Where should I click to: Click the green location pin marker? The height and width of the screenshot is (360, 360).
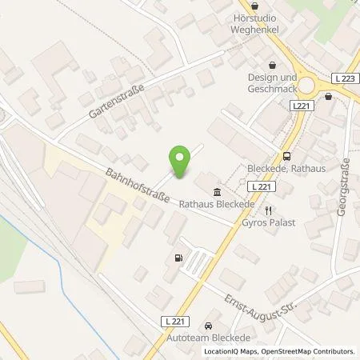click(180, 162)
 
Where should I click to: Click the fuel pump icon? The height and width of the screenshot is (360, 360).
click(177, 258)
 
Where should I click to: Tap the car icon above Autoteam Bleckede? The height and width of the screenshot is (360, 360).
click(208, 326)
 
